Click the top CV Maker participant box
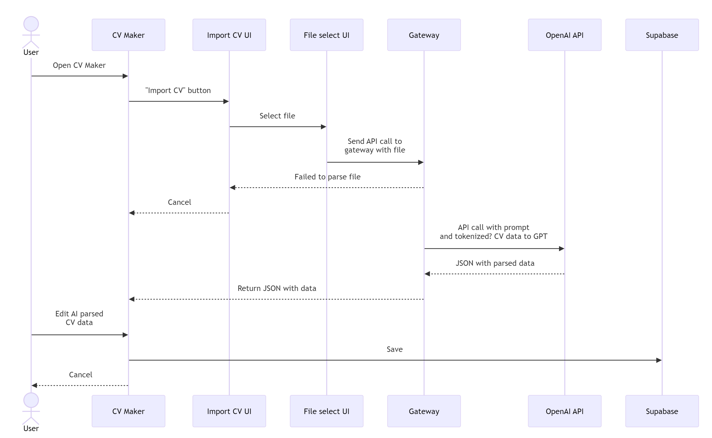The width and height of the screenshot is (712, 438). click(128, 35)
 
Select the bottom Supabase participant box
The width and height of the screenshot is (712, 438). click(662, 411)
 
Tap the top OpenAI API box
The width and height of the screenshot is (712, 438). click(565, 35)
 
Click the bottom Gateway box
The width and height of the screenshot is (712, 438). click(424, 411)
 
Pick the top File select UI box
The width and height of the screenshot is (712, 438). click(326, 35)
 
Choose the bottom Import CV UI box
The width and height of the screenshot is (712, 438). click(229, 411)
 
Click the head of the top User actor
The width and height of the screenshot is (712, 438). click(31, 24)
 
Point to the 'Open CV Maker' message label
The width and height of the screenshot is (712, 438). click(79, 65)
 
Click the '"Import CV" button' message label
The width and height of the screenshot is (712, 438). click(178, 90)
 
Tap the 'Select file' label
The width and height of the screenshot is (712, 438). click(277, 116)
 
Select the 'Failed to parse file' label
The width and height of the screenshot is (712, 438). click(327, 177)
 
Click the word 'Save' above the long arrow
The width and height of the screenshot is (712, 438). click(395, 349)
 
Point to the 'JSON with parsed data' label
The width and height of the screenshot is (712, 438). click(495, 263)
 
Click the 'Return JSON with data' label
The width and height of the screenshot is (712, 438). click(277, 288)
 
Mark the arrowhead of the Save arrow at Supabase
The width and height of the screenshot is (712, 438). click(659, 360)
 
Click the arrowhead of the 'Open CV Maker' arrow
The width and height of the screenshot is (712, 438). click(125, 76)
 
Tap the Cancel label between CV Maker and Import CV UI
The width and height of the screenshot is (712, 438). click(180, 202)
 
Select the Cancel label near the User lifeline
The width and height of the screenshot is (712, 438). click(81, 374)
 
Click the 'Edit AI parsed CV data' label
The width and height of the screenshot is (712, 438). click(79, 318)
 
